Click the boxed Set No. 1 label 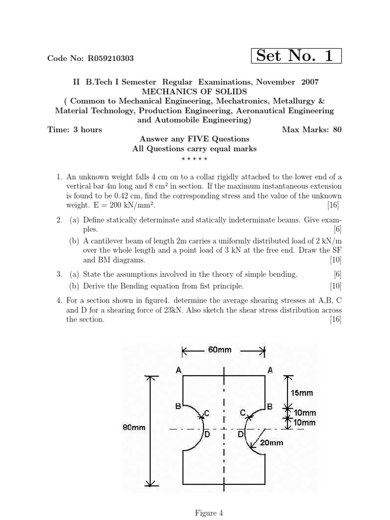pyautogui.click(x=296, y=56)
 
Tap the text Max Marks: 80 pyautogui.click(x=312, y=129)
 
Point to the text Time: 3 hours pyautogui.click(x=75, y=129)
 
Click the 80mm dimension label pyautogui.click(x=134, y=428)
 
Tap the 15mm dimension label pyautogui.click(x=302, y=393)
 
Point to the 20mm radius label pyautogui.click(x=271, y=442)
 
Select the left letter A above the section pyautogui.click(x=178, y=371)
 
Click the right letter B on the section pyautogui.click(x=270, y=406)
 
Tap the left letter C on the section pyautogui.click(x=207, y=412)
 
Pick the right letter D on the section pyautogui.click(x=240, y=435)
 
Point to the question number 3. pyautogui.click(x=59, y=274)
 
